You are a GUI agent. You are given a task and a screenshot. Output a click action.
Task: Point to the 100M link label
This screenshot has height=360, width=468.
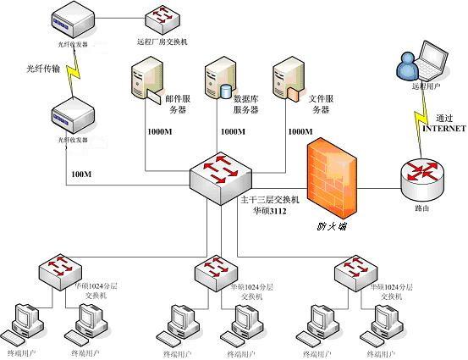point(81,174)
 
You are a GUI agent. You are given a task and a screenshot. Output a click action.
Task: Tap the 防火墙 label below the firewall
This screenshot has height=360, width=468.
point(332,225)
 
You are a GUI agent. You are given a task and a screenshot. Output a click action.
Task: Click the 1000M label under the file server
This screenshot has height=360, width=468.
point(300,132)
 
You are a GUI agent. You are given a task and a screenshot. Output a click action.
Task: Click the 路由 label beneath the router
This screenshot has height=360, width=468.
point(420,208)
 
